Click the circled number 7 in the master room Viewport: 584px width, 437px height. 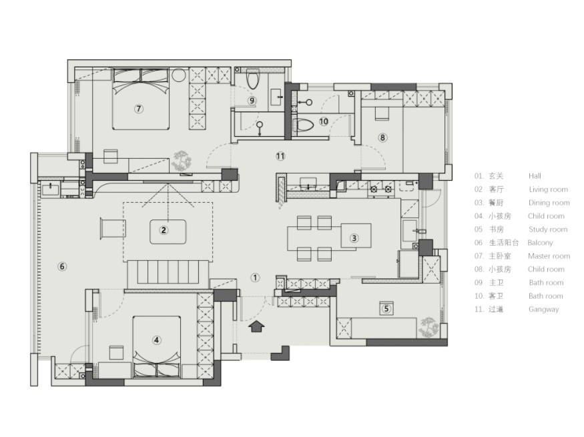tap(139, 109)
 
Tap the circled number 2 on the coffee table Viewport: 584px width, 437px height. tap(164, 230)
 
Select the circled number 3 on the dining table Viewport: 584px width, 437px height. tap(354, 238)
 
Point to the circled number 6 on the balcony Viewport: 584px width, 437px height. tap(62, 266)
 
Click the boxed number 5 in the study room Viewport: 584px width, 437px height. tap(386, 308)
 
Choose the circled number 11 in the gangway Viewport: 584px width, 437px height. tap(280, 156)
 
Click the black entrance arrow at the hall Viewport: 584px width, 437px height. tap(256, 326)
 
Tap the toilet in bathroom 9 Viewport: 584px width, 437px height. tap(253, 79)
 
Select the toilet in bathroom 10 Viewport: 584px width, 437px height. tap(304, 125)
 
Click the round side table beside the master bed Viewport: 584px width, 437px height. tap(179, 75)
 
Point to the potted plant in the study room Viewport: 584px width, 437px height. tap(428, 327)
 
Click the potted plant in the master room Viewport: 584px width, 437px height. tap(182, 161)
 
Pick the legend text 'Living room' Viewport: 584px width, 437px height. tap(548, 189)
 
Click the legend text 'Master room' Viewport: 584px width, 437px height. tap(549, 256)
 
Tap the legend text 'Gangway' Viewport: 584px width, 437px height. tap(543, 310)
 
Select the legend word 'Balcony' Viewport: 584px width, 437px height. tap(540, 243)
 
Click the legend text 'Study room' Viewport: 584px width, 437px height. tap(548, 230)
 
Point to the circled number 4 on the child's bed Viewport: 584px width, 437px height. tap(156, 340)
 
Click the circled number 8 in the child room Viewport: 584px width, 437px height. tap(382, 137)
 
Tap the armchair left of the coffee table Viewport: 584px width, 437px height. tap(113, 228)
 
